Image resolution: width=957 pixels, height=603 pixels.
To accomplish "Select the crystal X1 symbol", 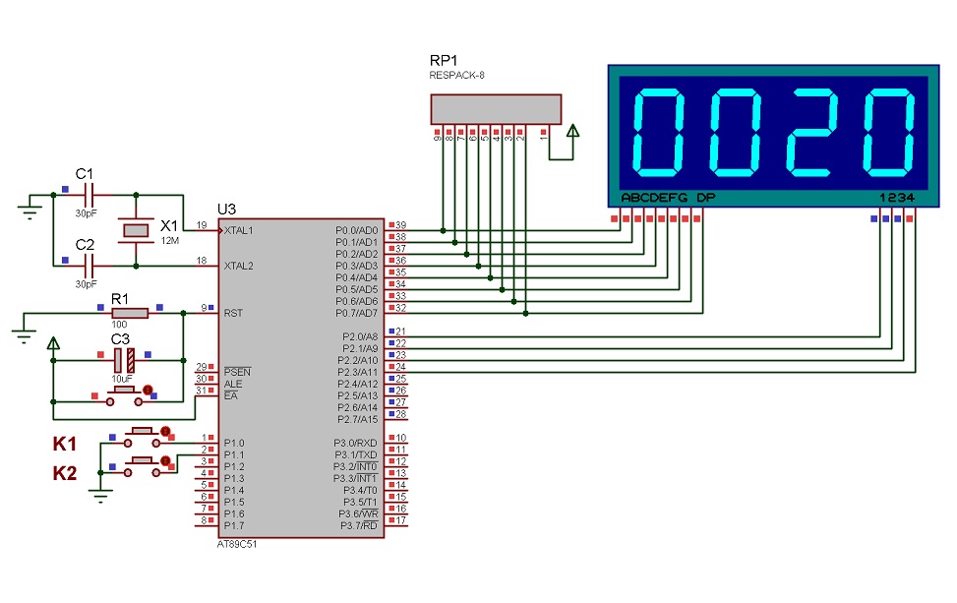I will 135,230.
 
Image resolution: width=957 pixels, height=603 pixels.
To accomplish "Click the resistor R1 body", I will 130,313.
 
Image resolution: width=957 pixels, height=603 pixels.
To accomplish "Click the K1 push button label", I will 65,445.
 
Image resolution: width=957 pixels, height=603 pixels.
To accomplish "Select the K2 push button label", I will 65,473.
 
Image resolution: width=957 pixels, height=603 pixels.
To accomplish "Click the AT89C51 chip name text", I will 239,544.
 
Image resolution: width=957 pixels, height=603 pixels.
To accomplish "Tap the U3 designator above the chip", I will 227,210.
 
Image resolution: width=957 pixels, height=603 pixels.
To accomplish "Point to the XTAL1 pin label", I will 239,230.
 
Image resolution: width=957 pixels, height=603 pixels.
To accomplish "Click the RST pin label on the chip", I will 233,313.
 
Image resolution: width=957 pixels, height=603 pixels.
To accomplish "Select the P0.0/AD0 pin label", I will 357,230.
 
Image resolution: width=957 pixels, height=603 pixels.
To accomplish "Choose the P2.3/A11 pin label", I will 357,372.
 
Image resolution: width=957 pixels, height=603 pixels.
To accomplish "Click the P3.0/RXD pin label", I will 356,443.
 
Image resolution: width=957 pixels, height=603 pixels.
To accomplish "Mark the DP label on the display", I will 705,198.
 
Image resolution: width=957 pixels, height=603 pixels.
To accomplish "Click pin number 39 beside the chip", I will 400,225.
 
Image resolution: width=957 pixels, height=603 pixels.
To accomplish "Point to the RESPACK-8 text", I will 456,75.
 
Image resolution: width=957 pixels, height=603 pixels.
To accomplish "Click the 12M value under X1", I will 169,241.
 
